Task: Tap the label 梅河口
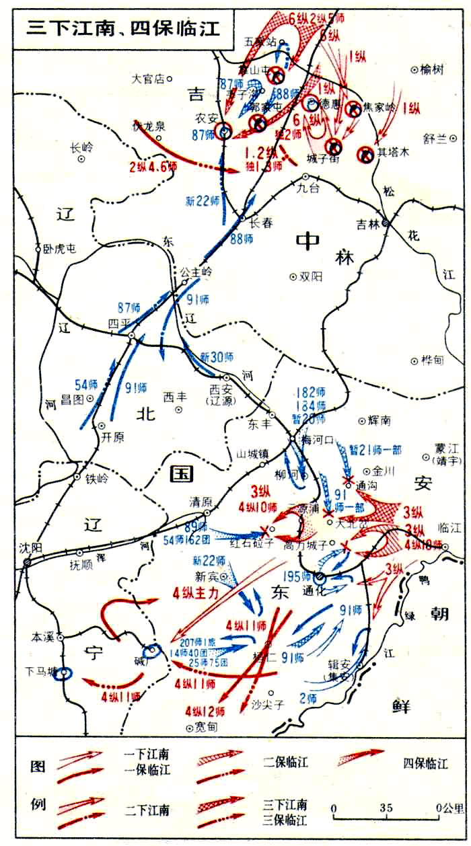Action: coord(318,440)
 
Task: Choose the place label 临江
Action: coord(446,526)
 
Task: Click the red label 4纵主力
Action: coord(198,593)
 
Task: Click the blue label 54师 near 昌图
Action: coord(87,385)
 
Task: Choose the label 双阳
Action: coord(313,276)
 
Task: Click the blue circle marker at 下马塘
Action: coord(64,673)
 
